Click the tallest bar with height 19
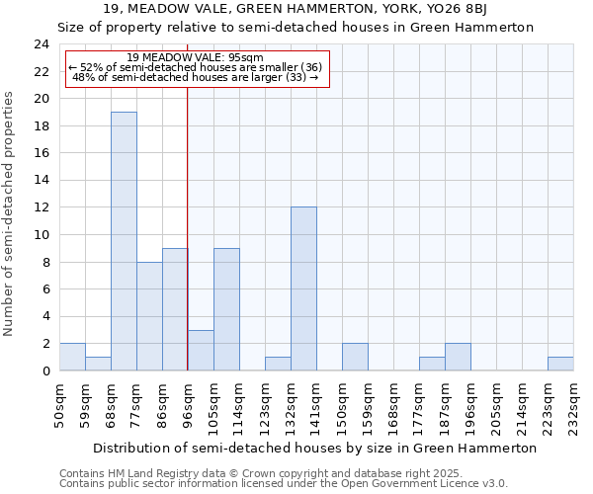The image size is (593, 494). pos(124,241)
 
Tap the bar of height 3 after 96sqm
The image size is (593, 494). pos(201,350)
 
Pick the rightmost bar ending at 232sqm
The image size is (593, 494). pos(560,364)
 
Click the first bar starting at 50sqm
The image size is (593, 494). pos(72,357)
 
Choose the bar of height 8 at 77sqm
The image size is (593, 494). pos(149,316)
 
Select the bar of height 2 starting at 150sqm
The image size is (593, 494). pos(355,357)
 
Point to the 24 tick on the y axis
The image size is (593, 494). pos(42,44)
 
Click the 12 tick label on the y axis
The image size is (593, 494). pos(42,207)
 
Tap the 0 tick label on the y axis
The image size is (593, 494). pos(45,370)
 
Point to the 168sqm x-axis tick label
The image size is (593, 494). pos(393,404)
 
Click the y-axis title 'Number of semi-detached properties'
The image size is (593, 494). pos(10,213)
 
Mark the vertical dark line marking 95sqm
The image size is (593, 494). pos(188,227)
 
